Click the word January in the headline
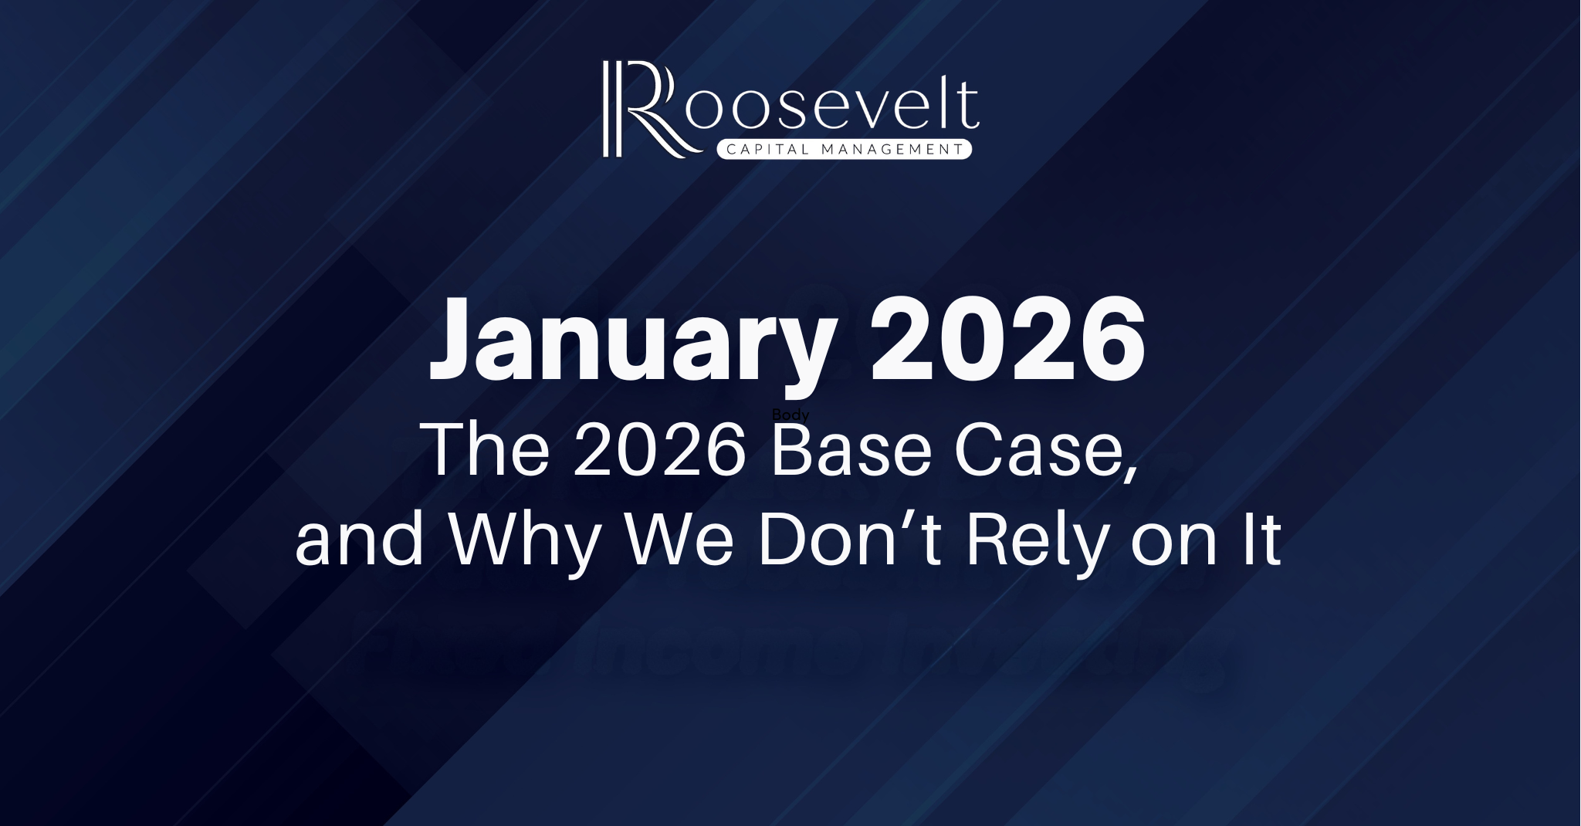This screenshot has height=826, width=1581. click(x=630, y=344)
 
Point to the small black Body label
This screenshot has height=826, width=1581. click(x=790, y=415)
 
